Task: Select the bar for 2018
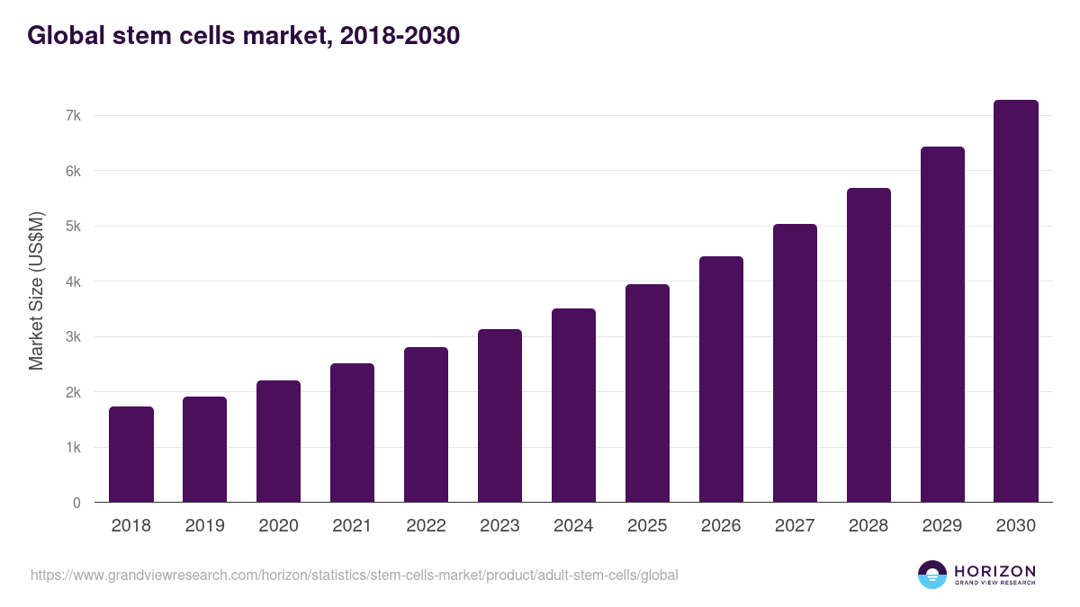[131, 454]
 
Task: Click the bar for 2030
[1016, 301]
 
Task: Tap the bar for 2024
[573, 405]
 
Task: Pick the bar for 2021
[352, 433]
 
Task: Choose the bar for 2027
[795, 362]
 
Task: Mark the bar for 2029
[942, 324]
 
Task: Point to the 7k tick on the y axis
[73, 116]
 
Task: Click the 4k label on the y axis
[73, 281]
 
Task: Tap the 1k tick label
[73, 448]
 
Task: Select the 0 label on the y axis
[76, 503]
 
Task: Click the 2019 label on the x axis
[205, 526]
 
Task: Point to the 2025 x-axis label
[647, 526]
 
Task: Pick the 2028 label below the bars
[868, 526]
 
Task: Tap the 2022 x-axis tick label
[426, 526]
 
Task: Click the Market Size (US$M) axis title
[36, 290]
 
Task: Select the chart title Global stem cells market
[244, 35]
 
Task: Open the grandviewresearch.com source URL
[354, 575]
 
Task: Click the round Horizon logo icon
[932, 575]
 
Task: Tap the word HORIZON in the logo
[994, 571]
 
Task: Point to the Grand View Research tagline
[994, 584]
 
